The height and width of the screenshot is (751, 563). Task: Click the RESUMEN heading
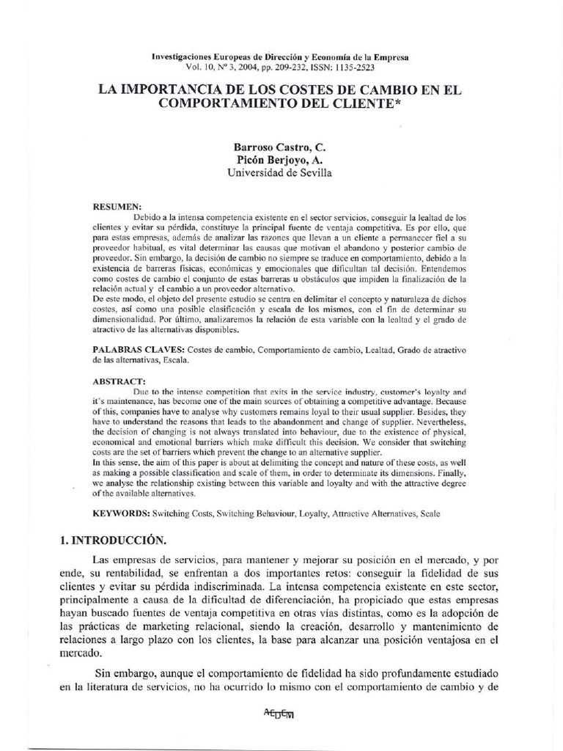[x=117, y=208]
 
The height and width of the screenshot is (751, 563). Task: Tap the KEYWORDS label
[x=121, y=514]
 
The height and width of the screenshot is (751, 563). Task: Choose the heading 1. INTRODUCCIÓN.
[x=114, y=540]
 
